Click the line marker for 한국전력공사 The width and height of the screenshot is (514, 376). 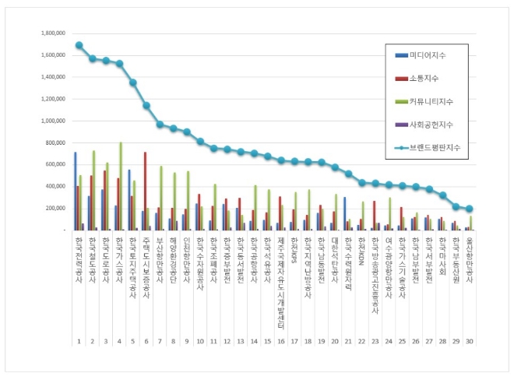point(79,45)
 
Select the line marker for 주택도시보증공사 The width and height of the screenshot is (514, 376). point(146,105)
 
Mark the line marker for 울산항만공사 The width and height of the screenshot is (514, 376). point(470,209)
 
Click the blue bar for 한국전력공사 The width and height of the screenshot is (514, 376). point(75,191)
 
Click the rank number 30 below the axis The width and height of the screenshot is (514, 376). point(470,342)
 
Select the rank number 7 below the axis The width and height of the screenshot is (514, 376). point(160,342)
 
